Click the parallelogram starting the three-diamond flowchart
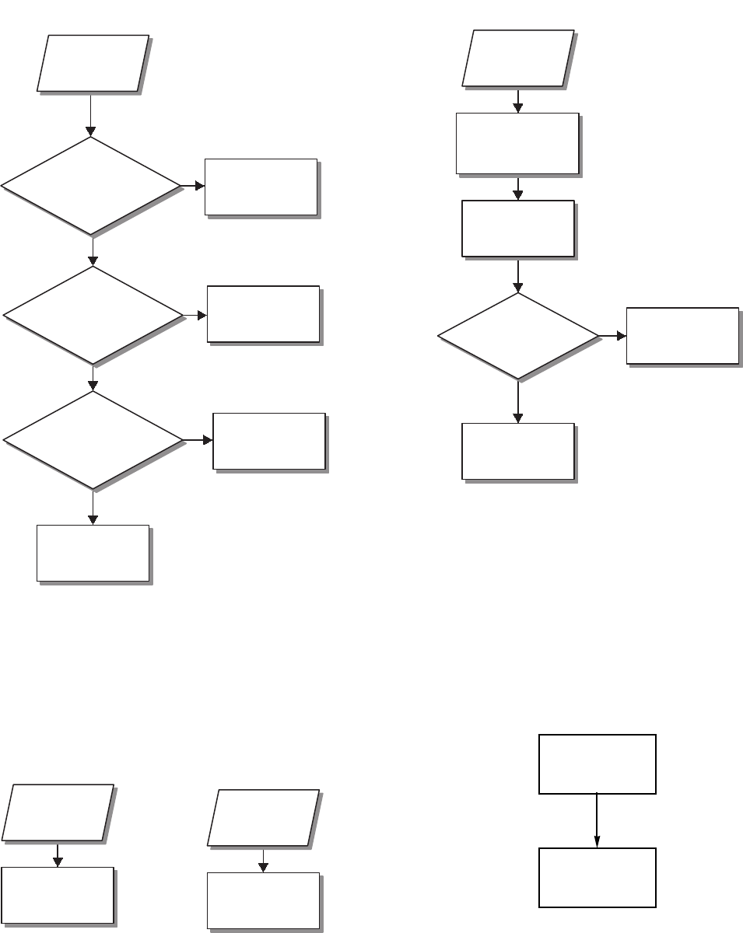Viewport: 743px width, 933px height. coord(93,63)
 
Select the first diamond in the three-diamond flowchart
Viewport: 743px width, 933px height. coord(91,186)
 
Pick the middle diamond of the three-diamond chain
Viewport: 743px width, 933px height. coord(93,315)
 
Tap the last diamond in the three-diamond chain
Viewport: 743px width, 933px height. coord(93,439)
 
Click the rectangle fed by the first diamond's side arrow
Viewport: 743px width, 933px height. coord(261,187)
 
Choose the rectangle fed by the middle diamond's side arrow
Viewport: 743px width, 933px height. coord(263,313)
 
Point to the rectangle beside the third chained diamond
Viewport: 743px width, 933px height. coord(268,441)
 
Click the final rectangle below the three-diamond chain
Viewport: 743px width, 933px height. coord(93,552)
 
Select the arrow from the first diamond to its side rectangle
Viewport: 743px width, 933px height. coord(192,187)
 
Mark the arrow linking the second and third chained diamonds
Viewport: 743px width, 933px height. coord(93,377)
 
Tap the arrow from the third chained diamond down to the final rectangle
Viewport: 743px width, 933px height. coord(93,507)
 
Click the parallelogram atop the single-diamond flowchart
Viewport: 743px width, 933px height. coord(518,58)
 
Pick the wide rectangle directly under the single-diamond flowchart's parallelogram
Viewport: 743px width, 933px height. coord(517,143)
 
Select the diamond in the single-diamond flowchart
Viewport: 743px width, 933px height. coord(518,336)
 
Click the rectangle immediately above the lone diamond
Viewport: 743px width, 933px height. coord(518,228)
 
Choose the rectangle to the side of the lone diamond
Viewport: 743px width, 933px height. coord(682,335)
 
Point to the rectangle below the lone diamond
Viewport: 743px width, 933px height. coord(518,451)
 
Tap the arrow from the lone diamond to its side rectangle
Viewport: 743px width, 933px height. coord(612,336)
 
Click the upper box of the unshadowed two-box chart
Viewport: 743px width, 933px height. coord(597,764)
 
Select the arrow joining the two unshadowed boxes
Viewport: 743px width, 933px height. coord(597,820)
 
